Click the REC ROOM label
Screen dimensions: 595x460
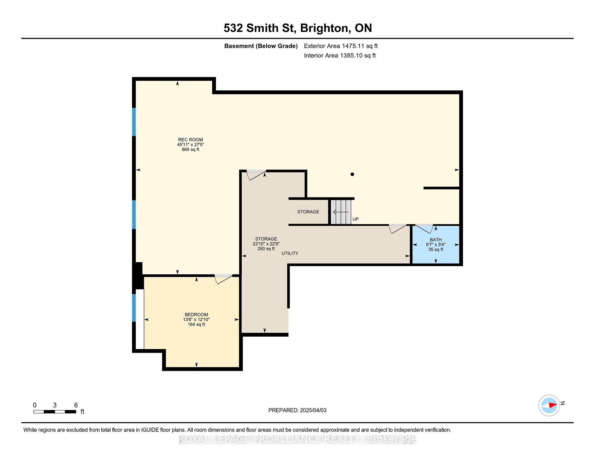190,140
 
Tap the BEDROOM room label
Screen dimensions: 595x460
196,315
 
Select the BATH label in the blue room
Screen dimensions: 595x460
436,240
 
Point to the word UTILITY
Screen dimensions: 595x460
290,253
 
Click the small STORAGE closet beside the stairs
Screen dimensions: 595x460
308,212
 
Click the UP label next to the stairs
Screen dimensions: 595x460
355,219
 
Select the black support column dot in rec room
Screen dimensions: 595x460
352,174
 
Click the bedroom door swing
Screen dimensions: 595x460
223,279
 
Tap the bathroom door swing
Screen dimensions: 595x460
424,228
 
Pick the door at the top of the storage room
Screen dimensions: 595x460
256,175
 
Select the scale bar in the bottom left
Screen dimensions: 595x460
55,412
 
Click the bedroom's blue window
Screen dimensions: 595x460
134,308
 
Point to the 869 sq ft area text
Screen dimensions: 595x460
190,149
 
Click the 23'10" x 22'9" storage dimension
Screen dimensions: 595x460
266,244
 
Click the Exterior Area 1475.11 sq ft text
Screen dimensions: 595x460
341,46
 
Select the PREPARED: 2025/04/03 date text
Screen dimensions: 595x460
297,410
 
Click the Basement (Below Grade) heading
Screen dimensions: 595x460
261,46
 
